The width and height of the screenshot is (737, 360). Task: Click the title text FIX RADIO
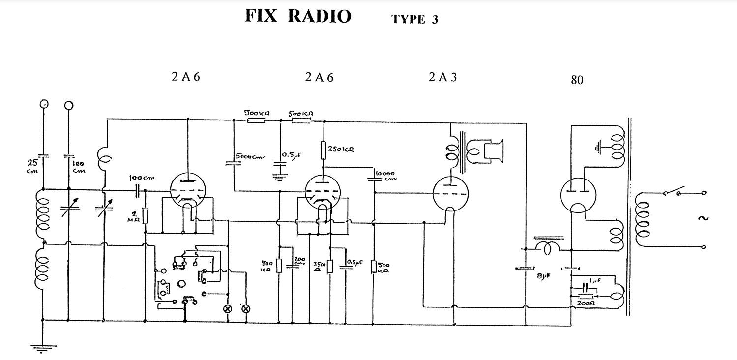click(298, 16)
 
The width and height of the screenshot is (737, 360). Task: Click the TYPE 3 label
click(414, 20)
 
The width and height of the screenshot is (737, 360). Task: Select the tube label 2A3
click(442, 77)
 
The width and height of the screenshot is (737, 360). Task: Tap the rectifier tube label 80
click(577, 80)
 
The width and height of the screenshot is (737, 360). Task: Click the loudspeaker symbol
click(494, 151)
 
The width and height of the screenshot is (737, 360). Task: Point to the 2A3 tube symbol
click(450, 193)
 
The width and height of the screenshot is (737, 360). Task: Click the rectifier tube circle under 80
click(578, 195)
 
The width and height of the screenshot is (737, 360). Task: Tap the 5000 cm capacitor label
click(250, 157)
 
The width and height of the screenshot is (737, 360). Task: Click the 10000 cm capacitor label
click(386, 176)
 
